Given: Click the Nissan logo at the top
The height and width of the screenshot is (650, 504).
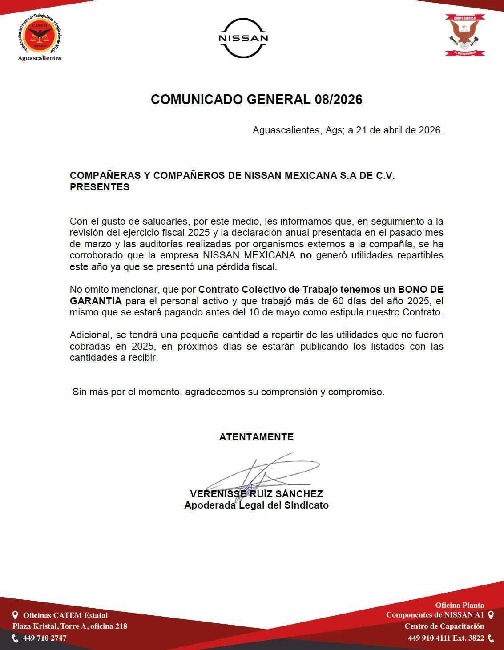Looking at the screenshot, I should [243, 38].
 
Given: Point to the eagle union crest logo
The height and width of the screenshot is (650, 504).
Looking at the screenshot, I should [465, 35].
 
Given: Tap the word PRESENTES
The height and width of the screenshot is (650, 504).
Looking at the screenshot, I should [100, 187].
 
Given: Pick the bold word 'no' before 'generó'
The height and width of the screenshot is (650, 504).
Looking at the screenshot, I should [306, 255].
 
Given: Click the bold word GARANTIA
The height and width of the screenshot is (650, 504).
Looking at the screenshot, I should [96, 301].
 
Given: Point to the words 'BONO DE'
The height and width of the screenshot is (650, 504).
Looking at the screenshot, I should [420, 290].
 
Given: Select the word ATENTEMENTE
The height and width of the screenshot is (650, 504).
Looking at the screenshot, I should [256, 437].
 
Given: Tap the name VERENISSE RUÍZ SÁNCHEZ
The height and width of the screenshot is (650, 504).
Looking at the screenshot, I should [256, 494].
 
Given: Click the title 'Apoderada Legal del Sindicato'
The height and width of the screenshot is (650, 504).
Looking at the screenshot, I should [256, 505].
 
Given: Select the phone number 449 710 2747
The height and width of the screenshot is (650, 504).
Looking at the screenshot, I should [44, 638].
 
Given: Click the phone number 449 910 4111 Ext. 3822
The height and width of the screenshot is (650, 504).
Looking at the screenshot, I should [446, 638].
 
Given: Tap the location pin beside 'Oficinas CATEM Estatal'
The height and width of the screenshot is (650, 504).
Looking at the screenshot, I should [15, 615].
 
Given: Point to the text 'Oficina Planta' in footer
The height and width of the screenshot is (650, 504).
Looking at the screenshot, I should [460, 605].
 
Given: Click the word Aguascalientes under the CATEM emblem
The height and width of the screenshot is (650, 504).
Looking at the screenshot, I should [40, 58].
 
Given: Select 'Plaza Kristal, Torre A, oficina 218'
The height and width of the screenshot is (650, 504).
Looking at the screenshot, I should [70, 626].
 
